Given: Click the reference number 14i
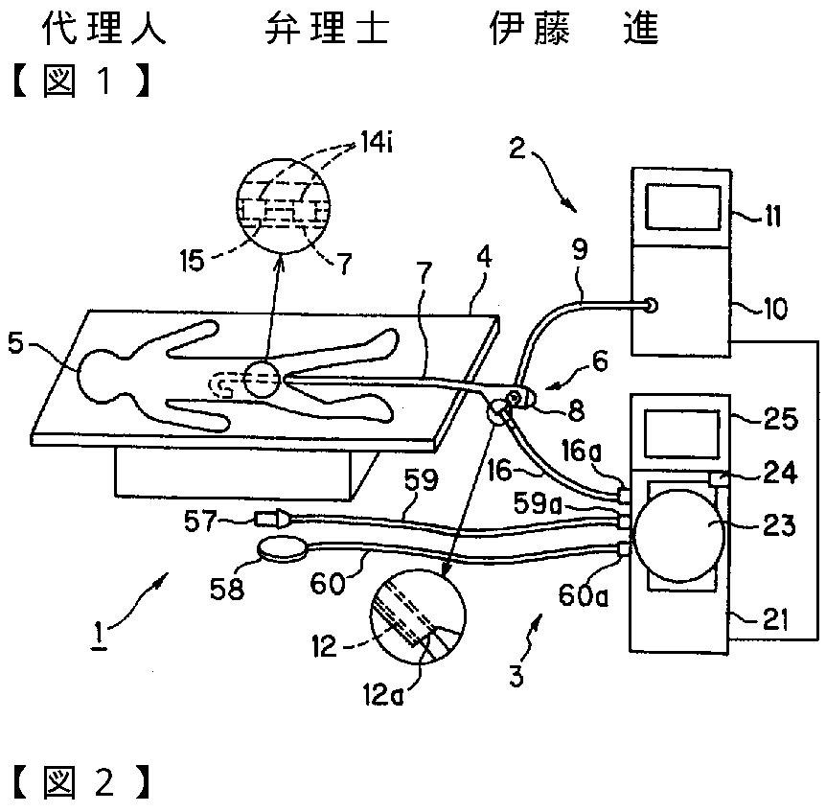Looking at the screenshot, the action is tap(377, 143).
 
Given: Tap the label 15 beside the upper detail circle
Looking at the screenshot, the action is tap(192, 261).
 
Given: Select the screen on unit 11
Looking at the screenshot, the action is tap(683, 206).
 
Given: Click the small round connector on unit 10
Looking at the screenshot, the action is tap(651, 305).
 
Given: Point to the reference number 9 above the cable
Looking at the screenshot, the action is tap(580, 250).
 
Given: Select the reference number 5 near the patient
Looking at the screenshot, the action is tap(15, 344).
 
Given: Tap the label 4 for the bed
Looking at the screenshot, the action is tap(484, 259).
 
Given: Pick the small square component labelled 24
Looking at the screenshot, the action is tap(720, 480).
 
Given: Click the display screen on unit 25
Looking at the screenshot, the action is tap(681, 433).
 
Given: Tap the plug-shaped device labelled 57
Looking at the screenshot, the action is tap(272, 519).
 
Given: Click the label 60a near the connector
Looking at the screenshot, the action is tap(584, 595).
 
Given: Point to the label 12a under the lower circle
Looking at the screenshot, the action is tap(383, 694).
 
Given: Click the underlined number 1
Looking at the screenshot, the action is tap(98, 635).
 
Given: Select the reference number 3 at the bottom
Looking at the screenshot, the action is tap(516, 676).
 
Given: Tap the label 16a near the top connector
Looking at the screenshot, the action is tap(581, 451).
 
